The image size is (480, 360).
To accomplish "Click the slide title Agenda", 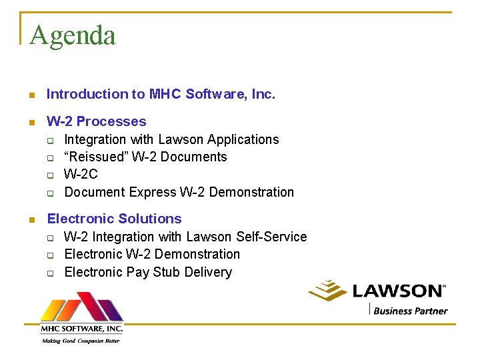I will (x=73, y=35).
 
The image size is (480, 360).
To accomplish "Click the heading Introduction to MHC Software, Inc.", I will (x=161, y=95).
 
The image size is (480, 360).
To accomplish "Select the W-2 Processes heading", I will (x=96, y=121).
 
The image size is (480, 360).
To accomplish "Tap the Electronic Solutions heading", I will (x=114, y=219).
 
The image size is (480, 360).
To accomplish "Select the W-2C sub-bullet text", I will (x=81, y=175).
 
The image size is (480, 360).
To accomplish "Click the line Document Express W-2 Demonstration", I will (x=179, y=192).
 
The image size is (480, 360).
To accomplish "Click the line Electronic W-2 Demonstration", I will (x=152, y=254).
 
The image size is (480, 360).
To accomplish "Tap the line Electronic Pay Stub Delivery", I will (x=148, y=272).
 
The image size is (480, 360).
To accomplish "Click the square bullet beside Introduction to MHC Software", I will (x=31, y=95).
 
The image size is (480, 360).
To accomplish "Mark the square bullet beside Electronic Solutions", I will (x=31, y=219).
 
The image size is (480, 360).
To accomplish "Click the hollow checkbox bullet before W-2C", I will (x=50, y=175).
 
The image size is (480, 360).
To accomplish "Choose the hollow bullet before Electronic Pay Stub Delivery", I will (x=50, y=273).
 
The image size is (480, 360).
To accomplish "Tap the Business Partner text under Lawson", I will (x=410, y=311).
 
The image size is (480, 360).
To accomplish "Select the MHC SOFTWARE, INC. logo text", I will (x=81, y=329).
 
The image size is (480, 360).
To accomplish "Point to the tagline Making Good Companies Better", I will (x=81, y=340).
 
